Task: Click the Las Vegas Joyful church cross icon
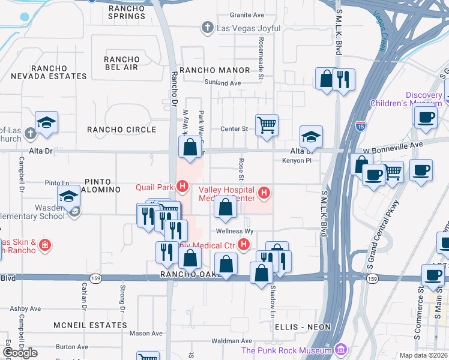point(207,27)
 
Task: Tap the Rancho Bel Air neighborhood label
point(122,64)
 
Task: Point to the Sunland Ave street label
point(222,83)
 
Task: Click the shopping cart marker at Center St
point(267,125)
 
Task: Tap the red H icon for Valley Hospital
point(264,193)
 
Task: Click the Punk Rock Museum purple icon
point(341,350)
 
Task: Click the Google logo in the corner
point(19,352)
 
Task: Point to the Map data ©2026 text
point(424,355)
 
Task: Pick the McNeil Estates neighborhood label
point(90,325)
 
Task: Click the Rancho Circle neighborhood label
point(121,130)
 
